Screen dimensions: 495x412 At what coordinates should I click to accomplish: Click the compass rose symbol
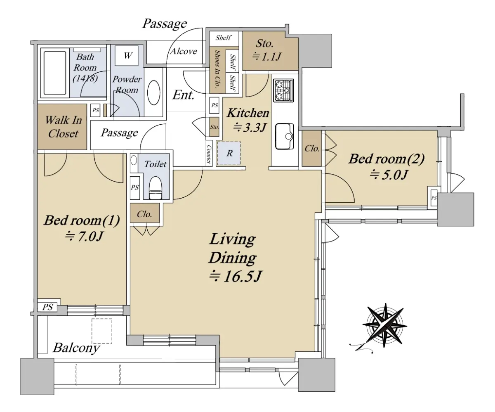[384, 326]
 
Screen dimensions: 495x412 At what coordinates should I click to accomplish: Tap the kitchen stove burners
[283, 90]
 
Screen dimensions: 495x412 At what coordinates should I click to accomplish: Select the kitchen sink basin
[284, 137]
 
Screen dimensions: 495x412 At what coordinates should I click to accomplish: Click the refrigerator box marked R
[229, 154]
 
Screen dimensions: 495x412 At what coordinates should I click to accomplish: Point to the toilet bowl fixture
[156, 187]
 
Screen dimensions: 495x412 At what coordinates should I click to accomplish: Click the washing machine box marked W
[127, 56]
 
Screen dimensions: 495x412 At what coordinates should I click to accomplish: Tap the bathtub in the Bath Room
[55, 73]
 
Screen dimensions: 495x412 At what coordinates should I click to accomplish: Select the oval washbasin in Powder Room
[153, 92]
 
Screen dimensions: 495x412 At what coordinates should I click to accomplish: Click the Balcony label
[76, 348]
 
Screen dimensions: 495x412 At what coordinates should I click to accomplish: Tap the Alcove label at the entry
[184, 51]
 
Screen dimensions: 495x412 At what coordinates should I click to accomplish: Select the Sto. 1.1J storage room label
[266, 50]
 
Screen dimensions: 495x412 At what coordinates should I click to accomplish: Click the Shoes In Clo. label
[217, 69]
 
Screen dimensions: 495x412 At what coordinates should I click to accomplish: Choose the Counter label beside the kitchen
[209, 154]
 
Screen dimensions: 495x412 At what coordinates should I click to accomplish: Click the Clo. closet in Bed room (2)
[312, 149]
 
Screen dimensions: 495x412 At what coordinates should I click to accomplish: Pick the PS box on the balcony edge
[47, 307]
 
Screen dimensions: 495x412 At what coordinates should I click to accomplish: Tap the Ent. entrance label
[183, 95]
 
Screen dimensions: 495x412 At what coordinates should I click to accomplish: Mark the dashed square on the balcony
[102, 331]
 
